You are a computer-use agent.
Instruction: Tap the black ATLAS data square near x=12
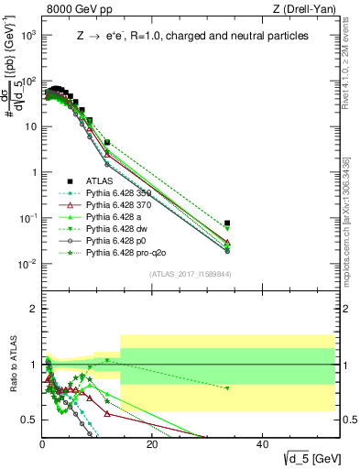[107, 143]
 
